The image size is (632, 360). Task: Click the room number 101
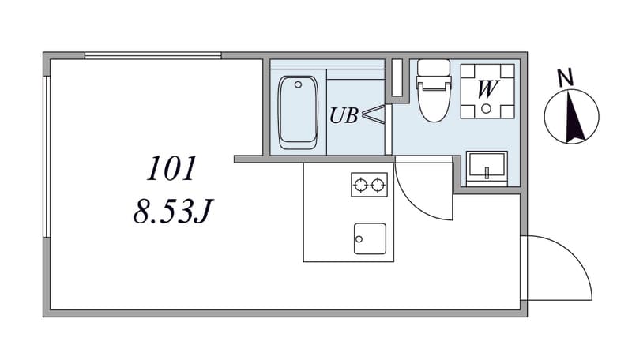pyautogui.click(x=171, y=168)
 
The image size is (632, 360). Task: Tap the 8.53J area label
pyautogui.click(x=172, y=211)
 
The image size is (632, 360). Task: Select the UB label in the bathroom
pyautogui.click(x=344, y=115)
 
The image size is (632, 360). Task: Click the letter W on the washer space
pyautogui.click(x=487, y=89)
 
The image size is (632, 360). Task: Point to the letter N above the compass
pyautogui.click(x=566, y=77)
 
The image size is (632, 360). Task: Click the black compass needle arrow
pyautogui.click(x=574, y=117)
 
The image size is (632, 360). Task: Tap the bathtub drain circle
pyautogui.click(x=299, y=84)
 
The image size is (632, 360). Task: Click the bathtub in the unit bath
pyautogui.click(x=299, y=112)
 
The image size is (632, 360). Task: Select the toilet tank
pyautogui.click(x=434, y=68)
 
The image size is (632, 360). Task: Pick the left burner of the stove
pyautogui.click(x=360, y=186)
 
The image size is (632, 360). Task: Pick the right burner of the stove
pyautogui.click(x=378, y=186)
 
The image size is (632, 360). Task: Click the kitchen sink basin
pyautogui.click(x=370, y=238)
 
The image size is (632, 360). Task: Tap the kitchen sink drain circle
pyautogui.click(x=359, y=239)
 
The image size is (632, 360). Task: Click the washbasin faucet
pyautogui.click(x=487, y=173)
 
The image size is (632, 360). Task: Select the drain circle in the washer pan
pyautogui.click(x=487, y=108)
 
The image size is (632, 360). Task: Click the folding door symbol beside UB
pyautogui.click(x=374, y=114)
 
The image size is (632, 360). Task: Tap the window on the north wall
pyautogui.click(x=153, y=55)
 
